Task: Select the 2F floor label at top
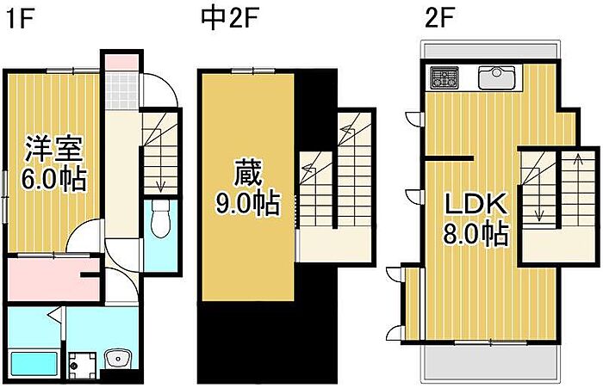pyautogui.click(x=439, y=18)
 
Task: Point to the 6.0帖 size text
pyautogui.click(x=53, y=179)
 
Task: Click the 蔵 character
pyautogui.click(x=248, y=172)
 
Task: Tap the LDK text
pyautogui.click(x=476, y=205)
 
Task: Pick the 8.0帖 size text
pyautogui.click(x=476, y=233)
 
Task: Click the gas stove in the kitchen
pyautogui.click(x=444, y=77)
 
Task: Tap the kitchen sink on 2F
pyautogui.click(x=496, y=78)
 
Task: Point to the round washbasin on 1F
pyautogui.click(x=118, y=359)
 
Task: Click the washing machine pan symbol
pyautogui.click(x=83, y=366)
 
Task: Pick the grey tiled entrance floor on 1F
pyautogui.click(x=122, y=90)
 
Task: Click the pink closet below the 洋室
pyautogui.click(x=53, y=280)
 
